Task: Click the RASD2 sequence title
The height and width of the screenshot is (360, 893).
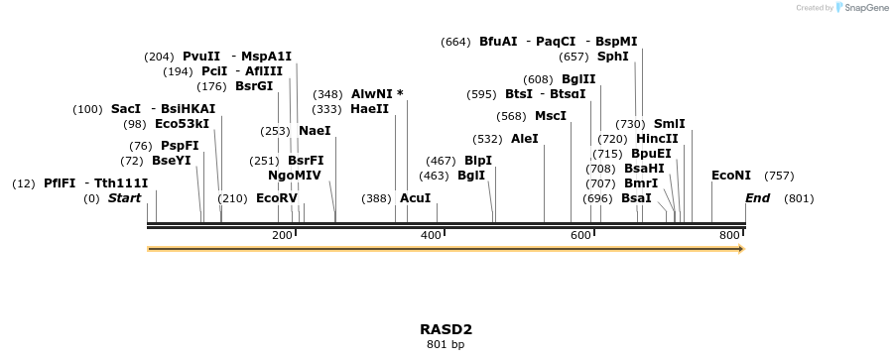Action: tap(446, 329)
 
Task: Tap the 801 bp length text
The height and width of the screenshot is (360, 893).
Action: tap(446, 345)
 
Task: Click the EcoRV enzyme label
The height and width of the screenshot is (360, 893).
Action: tap(277, 198)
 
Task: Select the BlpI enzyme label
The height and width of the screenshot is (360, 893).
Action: tap(478, 160)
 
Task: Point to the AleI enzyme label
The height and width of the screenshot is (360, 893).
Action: tap(524, 139)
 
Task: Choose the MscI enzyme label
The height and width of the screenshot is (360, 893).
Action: tap(551, 116)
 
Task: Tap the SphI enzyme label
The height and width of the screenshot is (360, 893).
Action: tap(612, 57)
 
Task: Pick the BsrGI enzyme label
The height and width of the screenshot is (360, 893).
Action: tap(254, 86)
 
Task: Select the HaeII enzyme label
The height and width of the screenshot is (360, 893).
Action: tap(369, 109)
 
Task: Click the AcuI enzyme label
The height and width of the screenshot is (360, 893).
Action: tap(416, 198)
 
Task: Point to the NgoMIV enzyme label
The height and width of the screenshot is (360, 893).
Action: tap(295, 176)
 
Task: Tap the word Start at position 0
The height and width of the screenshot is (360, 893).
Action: tap(125, 198)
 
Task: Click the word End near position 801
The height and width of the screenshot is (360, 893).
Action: tap(757, 198)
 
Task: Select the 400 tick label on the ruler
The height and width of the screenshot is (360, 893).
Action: tap(431, 235)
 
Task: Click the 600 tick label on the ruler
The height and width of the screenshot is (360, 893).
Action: tap(580, 235)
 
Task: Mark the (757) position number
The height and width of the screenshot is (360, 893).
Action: tap(779, 176)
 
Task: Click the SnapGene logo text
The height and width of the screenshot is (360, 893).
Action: tap(865, 8)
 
